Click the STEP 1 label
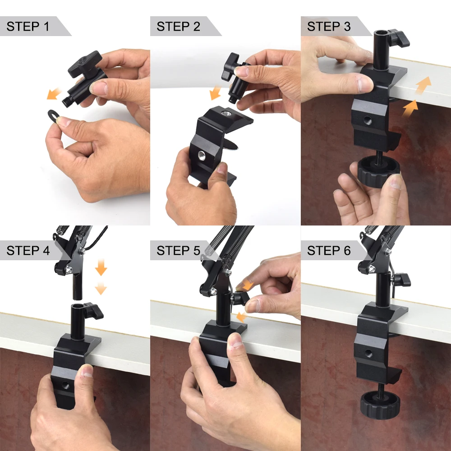(28, 26)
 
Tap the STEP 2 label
(178, 26)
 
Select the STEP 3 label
(329, 26)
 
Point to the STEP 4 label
(28, 250)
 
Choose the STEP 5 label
(178, 250)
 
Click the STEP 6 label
(329, 250)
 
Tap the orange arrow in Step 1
(54, 94)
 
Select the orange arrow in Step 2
(215, 92)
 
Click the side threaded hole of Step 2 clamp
(202, 156)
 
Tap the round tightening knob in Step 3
(379, 171)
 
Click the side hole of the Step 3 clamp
(367, 120)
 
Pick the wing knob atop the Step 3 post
(398, 38)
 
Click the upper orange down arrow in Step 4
(101, 267)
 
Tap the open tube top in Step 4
(78, 307)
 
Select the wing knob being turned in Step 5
(240, 298)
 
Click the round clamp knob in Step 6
(380, 405)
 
